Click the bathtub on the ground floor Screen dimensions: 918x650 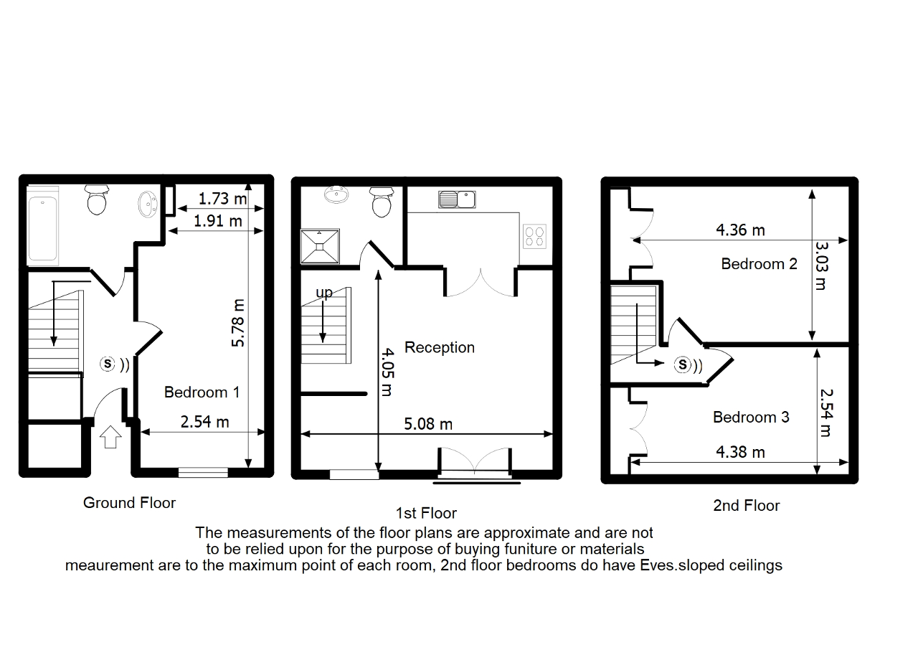(x=42, y=225)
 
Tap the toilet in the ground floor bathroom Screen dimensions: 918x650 (x=97, y=199)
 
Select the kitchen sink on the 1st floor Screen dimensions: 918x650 (x=457, y=199)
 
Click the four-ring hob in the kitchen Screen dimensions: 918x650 (x=534, y=237)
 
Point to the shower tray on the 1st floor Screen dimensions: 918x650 (x=320, y=246)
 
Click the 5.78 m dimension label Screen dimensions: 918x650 (x=238, y=323)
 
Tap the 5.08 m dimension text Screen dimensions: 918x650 (x=428, y=424)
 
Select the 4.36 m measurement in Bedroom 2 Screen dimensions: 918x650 (x=741, y=230)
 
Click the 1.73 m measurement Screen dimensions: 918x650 (x=222, y=199)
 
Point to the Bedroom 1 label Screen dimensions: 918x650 (x=202, y=392)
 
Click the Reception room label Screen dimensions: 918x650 (x=440, y=347)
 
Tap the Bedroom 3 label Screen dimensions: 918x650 (x=751, y=418)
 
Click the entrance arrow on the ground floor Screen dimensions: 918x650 (x=110, y=437)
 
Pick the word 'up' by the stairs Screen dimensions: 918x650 (x=324, y=293)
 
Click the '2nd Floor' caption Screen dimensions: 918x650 (x=747, y=506)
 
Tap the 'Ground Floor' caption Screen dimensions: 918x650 (x=129, y=503)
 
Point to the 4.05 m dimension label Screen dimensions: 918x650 (x=387, y=372)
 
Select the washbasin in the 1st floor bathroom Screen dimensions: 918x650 (x=336, y=194)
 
